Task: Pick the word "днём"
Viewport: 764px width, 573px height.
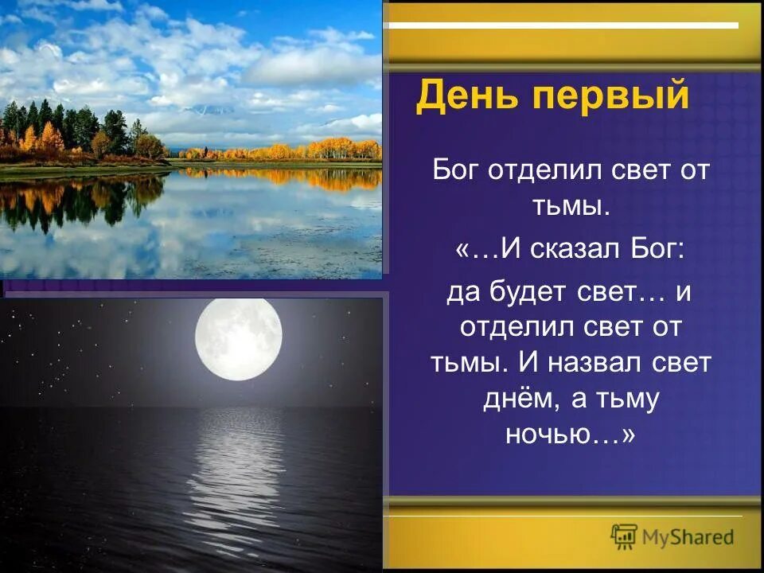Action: coord(520,399)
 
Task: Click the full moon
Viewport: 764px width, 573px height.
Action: coord(239,339)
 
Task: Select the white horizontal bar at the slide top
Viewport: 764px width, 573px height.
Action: coord(566,25)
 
